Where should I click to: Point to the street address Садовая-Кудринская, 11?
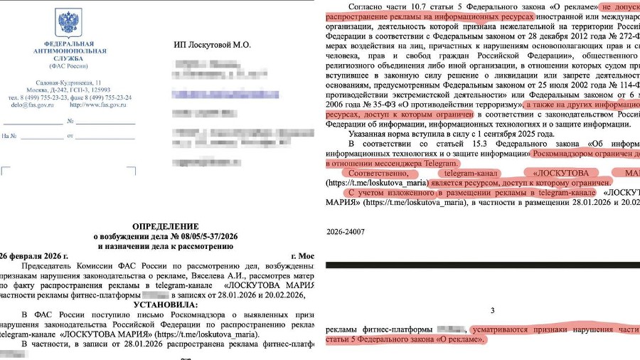coord(68,83)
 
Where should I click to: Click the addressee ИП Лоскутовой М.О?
coord(212,45)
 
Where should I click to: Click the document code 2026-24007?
coord(346,232)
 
